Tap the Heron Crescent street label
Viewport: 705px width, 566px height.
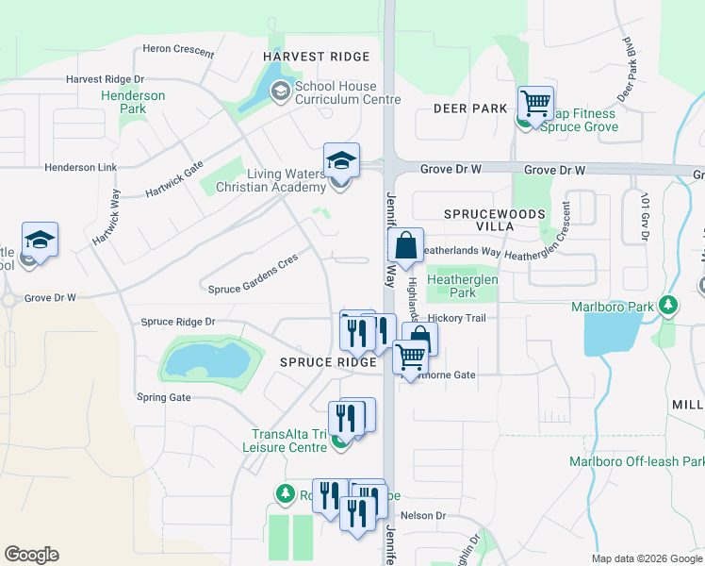(x=179, y=48)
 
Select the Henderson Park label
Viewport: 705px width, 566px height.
(x=133, y=102)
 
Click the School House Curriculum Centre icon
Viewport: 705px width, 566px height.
(x=279, y=92)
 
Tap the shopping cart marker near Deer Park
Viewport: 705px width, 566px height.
(x=535, y=103)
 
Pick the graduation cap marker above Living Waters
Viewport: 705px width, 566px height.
(x=341, y=161)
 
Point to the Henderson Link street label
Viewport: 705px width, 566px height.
(x=80, y=167)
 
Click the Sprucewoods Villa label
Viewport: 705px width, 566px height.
(x=495, y=221)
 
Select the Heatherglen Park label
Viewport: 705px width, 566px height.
(x=463, y=286)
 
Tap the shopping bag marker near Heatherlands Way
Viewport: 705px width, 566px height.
(x=405, y=246)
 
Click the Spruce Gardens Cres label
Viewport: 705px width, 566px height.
(x=253, y=273)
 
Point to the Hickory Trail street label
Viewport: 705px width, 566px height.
(x=456, y=319)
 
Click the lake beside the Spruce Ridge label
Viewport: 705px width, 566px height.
(x=208, y=360)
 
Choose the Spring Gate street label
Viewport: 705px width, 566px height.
(x=163, y=397)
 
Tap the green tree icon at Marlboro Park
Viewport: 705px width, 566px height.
(x=668, y=306)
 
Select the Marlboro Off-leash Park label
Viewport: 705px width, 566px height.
(x=637, y=461)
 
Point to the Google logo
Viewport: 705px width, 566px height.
(x=31, y=555)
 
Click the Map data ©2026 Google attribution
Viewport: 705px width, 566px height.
(x=646, y=558)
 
